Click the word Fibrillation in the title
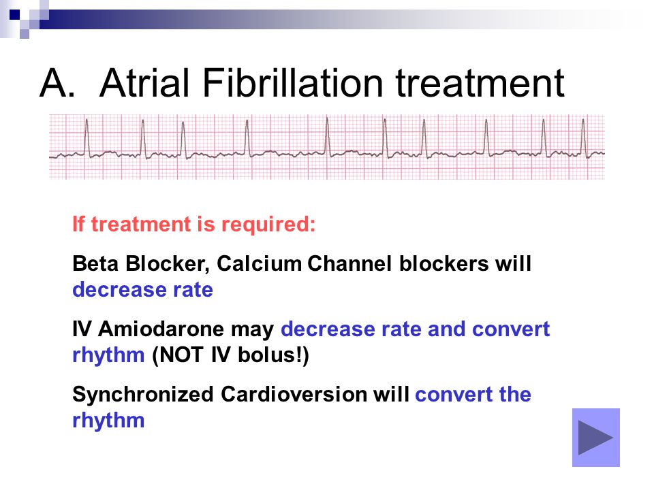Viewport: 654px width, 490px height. click(293, 82)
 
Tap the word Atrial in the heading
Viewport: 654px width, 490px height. click(144, 82)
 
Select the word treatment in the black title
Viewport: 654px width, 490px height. click(480, 84)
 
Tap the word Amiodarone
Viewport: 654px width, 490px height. click(161, 329)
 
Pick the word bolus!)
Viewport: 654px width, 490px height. click(273, 355)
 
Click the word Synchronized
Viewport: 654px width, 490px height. click(142, 395)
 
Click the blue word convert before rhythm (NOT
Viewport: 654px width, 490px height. click(511, 329)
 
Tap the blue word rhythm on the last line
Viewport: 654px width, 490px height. click(108, 421)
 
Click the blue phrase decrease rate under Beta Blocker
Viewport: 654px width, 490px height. click(142, 290)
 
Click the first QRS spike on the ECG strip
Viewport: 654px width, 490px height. click(87, 137)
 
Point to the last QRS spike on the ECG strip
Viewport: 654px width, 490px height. click(584, 137)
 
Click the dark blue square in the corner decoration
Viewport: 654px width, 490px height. click(14, 15)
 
